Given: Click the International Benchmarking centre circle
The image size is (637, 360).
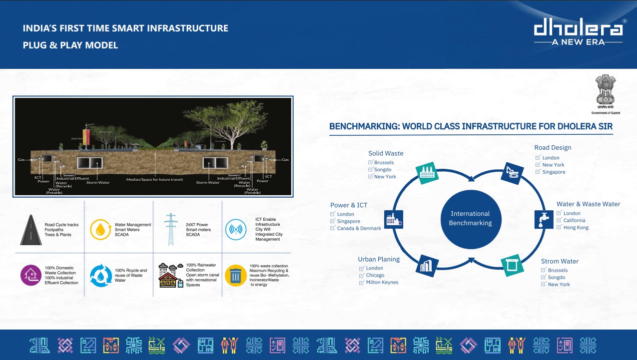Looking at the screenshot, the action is (470, 218).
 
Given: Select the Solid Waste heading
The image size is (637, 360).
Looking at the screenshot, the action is (386, 153).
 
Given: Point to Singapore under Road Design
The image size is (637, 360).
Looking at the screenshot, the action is (554, 172).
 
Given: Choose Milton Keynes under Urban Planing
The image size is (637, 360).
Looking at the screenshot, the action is (382, 282).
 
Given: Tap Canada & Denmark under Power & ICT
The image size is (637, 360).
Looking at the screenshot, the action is (359, 228).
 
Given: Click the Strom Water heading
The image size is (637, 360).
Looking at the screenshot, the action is (560, 261).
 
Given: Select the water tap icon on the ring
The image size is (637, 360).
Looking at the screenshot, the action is (540, 218).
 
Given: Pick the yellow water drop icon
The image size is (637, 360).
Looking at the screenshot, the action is (100, 230).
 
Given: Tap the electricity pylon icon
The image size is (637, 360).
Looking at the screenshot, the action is (171, 229).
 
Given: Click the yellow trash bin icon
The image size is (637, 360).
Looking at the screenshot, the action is (236, 276).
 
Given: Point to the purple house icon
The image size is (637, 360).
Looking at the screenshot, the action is (31, 275).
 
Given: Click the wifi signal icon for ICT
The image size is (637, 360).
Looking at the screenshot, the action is (236, 230).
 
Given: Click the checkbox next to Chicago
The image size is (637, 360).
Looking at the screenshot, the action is (361, 275).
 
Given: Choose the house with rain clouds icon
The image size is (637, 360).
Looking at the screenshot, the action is (170, 275).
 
